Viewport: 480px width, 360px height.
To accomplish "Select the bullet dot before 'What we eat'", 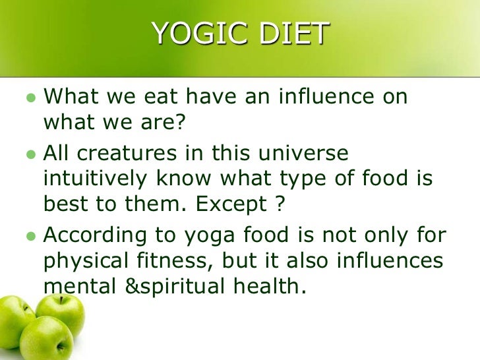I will point(29,98).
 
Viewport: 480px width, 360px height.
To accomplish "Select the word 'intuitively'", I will point(92,179).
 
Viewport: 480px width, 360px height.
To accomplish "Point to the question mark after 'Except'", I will point(280,204).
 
